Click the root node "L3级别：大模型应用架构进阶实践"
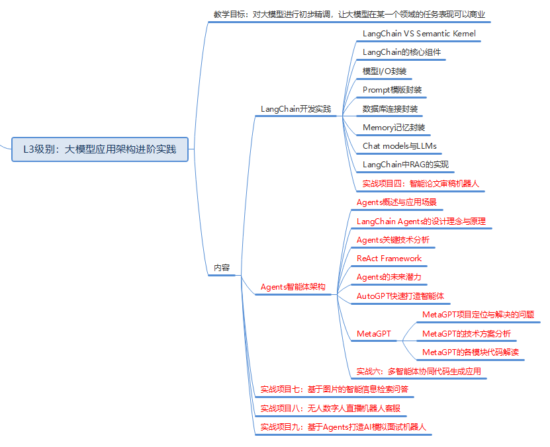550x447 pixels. click(100, 149)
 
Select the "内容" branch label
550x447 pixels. click(222, 268)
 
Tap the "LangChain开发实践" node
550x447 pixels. click(295, 109)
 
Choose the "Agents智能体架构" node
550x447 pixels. click(293, 287)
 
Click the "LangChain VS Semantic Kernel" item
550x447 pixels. click(419, 33)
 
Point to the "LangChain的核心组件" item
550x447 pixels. click(402, 52)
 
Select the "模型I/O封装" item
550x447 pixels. click(385, 71)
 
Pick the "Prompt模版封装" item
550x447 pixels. click(392, 90)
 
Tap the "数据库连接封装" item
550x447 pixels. click(390, 108)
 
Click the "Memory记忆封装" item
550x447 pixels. click(394, 128)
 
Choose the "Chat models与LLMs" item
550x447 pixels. click(399, 146)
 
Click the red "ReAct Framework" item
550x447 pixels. click(389, 259)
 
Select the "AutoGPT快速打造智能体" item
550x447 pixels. click(400, 296)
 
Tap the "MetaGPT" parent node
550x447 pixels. click(374, 333)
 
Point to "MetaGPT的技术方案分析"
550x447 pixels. click(466, 333)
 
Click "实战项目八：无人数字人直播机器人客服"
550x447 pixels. click(330, 408)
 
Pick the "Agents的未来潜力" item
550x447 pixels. click(389, 277)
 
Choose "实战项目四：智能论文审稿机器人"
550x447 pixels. click(420, 184)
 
